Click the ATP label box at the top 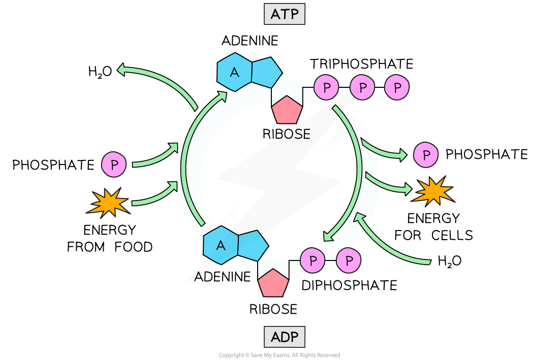click(285, 14)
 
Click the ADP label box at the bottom click(285, 337)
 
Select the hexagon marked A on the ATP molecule click(234, 72)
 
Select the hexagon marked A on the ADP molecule click(221, 245)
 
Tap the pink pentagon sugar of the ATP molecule click(287, 110)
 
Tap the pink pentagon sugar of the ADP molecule click(273, 283)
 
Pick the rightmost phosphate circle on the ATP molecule click(397, 87)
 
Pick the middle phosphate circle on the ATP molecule click(362, 87)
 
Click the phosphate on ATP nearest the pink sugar click(326, 87)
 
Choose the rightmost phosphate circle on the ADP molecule click(349, 260)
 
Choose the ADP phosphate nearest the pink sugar click(313, 260)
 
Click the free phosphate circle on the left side click(114, 165)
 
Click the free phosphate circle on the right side click(426, 154)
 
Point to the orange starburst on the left click(108, 202)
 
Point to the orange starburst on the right click(432, 191)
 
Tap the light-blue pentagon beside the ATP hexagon click(265, 72)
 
